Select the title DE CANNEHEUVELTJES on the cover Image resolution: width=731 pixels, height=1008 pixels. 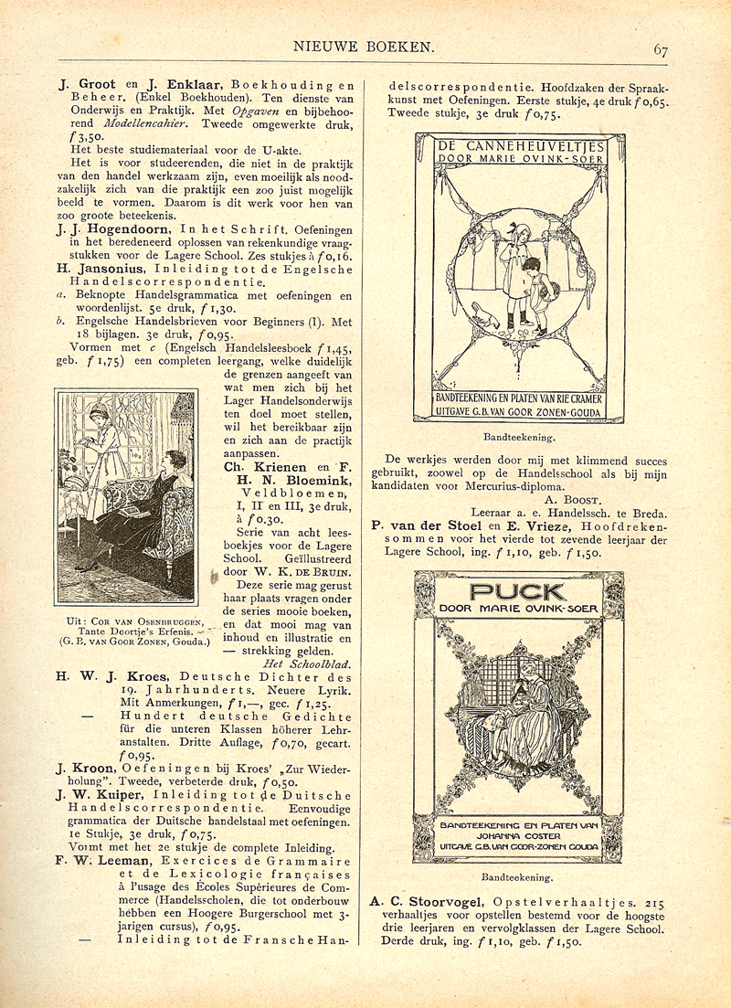pos(520,144)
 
